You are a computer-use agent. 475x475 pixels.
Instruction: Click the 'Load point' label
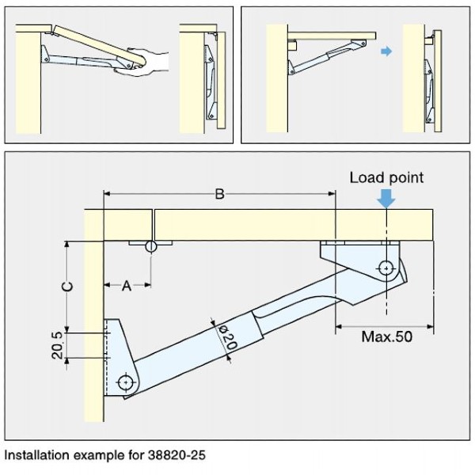(x=386, y=177)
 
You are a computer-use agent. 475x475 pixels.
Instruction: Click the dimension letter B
(x=219, y=192)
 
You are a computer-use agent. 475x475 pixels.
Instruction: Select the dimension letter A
(x=125, y=287)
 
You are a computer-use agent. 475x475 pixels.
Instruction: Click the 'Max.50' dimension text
(x=386, y=336)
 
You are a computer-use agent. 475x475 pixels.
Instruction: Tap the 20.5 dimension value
(x=57, y=346)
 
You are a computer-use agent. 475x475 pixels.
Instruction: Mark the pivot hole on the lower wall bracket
(x=127, y=383)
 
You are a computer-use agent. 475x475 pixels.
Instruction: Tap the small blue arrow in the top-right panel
(x=386, y=51)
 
